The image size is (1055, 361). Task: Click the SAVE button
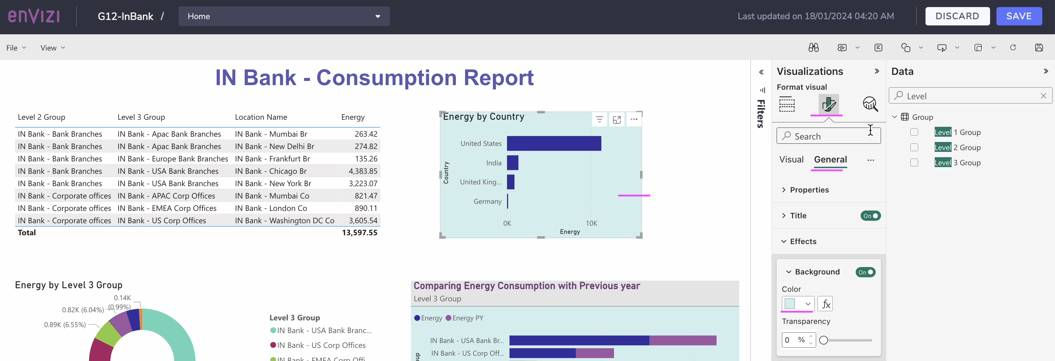pos(1019,16)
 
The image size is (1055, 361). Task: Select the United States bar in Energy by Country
pos(554,143)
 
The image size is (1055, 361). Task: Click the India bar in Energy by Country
pos(512,163)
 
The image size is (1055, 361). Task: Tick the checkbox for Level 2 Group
pos(914,147)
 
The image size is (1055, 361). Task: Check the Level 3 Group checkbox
pos(914,162)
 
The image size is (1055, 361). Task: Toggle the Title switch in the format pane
pos(870,216)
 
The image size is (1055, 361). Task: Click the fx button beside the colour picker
pos(825,304)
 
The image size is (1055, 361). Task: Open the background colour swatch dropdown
pos(797,304)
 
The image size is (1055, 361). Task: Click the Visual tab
pos(791,160)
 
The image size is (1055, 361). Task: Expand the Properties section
pos(809,190)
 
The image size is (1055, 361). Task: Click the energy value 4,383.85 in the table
pos(363,171)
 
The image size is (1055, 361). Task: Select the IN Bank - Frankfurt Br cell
pos(272,159)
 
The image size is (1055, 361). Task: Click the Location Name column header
pos(261,117)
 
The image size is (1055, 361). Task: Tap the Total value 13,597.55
pos(359,232)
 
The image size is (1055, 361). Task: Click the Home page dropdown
pos(284,16)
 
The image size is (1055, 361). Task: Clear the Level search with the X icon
pos(1043,96)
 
